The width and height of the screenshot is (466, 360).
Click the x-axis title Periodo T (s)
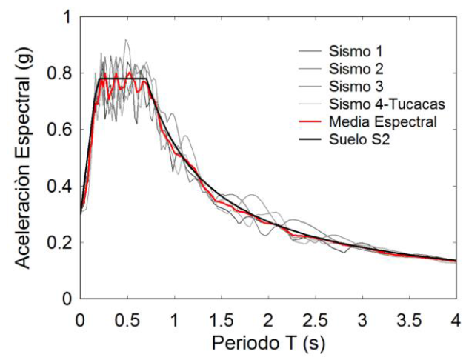pos(267,344)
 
